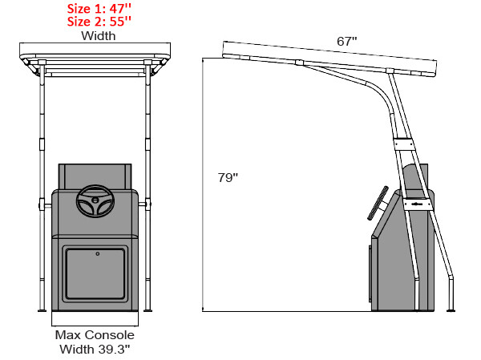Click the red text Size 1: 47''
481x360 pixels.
coord(95,9)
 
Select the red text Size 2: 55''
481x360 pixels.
coord(95,22)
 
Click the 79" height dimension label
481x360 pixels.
coord(228,177)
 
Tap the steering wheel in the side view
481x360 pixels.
coord(377,204)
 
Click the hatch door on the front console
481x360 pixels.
coord(95,273)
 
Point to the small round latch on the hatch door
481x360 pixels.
coord(96,254)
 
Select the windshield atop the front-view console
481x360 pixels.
coord(95,176)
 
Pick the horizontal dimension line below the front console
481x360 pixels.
coord(95,324)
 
